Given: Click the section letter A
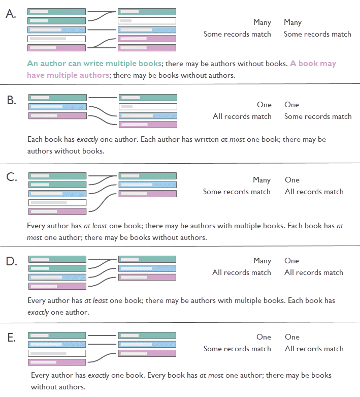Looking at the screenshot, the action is pyautogui.click(x=11, y=14).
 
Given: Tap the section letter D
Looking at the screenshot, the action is pyautogui.click(x=11, y=261).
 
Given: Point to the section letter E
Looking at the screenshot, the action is pyautogui.click(x=11, y=338).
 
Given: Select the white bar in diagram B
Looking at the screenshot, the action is pyautogui.click(x=148, y=107).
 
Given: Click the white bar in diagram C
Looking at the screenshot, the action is pyautogui.click(x=57, y=202).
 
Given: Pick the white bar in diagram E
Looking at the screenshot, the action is pyautogui.click(x=57, y=353).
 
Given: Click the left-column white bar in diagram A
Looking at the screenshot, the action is pyautogui.click(x=56, y=39).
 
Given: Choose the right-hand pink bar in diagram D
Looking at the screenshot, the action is pyautogui.click(x=147, y=277).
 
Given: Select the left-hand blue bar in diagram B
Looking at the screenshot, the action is pyautogui.click(x=57, y=107).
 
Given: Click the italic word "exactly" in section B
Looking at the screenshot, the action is pyautogui.click(x=87, y=139).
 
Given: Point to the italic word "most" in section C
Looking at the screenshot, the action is pyautogui.click(x=35, y=238).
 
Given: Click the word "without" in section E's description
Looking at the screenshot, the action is pyautogui.click(x=43, y=387).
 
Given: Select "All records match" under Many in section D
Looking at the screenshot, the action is pyautogui.click(x=242, y=272).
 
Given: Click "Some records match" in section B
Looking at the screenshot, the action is pyautogui.click(x=318, y=116).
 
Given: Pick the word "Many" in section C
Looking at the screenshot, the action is pyautogui.click(x=262, y=180).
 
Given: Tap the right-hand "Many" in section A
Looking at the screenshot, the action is pyautogui.click(x=292, y=22).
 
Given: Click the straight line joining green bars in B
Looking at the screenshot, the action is pyautogui.click(x=103, y=98).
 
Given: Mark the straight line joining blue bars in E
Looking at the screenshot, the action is pyautogui.click(x=102, y=344).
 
